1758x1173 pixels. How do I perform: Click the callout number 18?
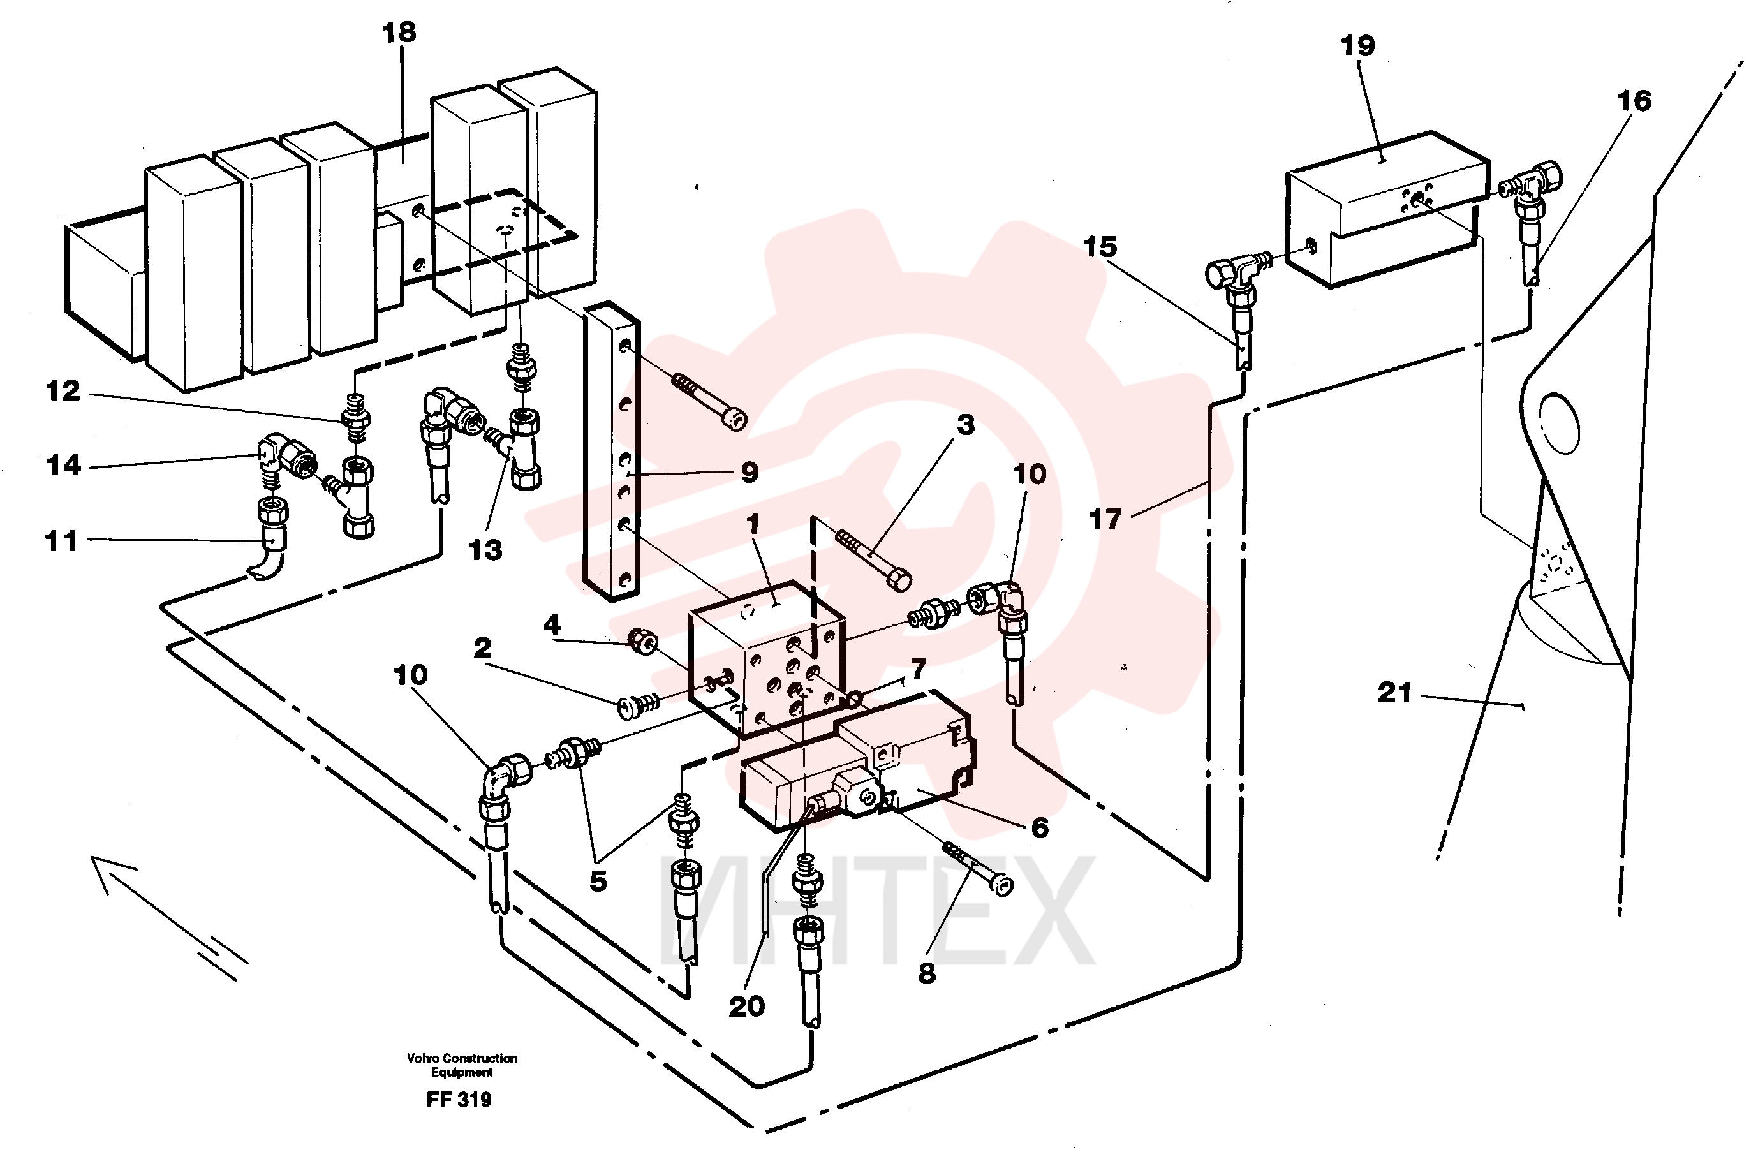pos(399,32)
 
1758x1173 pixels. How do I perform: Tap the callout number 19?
pos(1358,46)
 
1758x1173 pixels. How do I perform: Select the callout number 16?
pos(1634,101)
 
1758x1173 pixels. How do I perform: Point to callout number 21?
pos(1395,693)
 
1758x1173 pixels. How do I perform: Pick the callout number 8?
pos(927,973)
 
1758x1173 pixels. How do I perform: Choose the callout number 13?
pos(485,550)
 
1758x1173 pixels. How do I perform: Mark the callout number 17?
pos(1105,519)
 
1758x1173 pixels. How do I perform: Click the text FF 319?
pos(459,1100)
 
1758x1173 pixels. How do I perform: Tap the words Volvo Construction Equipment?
pos(462,1065)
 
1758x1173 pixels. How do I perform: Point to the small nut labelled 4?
pos(642,641)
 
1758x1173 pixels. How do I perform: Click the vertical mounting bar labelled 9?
pos(612,451)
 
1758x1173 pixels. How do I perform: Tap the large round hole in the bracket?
pos(1559,424)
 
